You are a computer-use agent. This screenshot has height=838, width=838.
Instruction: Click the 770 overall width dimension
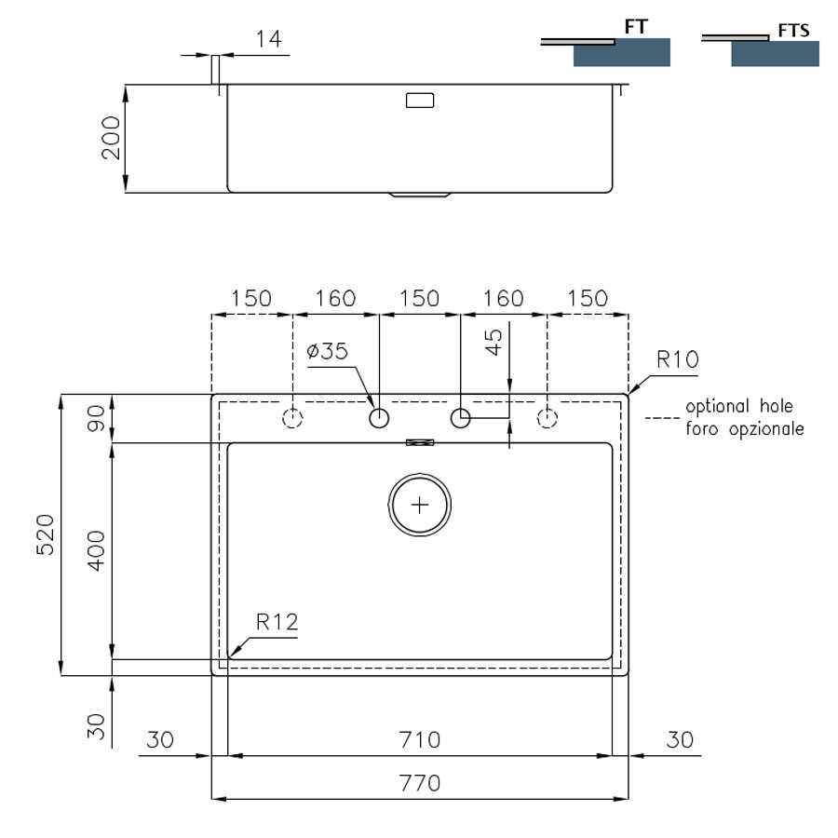[420, 783]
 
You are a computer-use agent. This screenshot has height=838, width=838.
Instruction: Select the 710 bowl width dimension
[420, 740]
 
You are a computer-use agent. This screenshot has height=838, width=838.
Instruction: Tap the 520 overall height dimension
[46, 535]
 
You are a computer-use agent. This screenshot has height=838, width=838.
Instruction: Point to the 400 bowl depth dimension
[96, 551]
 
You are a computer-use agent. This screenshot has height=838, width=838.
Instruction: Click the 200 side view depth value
[111, 138]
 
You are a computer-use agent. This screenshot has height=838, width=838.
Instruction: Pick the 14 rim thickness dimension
[268, 39]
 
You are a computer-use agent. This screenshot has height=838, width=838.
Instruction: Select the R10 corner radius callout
[678, 359]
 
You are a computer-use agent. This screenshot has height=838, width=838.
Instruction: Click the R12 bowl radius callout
[277, 622]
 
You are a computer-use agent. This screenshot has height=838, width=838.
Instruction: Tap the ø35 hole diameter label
[328, 351]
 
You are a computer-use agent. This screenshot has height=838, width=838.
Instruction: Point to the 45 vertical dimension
[493, 342]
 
